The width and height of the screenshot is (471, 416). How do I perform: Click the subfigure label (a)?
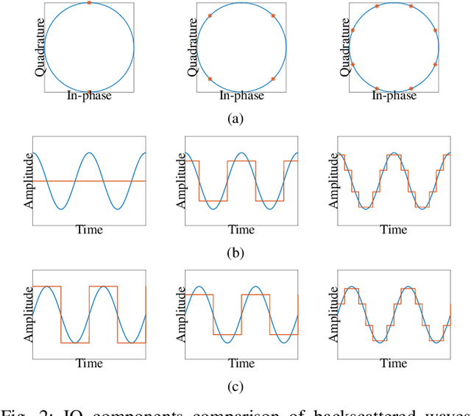click(235, 119)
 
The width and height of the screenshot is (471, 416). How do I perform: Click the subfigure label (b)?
click(235, 253)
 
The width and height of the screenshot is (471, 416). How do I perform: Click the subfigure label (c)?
click(235, 387)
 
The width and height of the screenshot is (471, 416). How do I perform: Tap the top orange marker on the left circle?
click(89, 3)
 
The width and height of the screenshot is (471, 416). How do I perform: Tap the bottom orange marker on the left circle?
click(89, 92)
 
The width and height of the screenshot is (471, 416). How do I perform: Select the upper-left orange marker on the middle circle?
click(210, 15)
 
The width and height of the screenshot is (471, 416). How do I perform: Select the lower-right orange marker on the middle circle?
click(273, 79)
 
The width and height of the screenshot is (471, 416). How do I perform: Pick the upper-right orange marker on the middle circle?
click(273, 15)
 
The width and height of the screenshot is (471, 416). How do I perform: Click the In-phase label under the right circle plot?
click(394, 96)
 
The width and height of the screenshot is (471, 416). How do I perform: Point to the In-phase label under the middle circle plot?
click(241, 96)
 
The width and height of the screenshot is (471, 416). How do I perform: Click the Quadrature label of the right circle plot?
click(344, 48)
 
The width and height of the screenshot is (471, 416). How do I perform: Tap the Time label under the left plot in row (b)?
click(89, 230)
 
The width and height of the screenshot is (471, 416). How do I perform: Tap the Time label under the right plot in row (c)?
click(394, 364)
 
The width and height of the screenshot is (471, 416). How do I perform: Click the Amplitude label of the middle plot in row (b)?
click(181, 181)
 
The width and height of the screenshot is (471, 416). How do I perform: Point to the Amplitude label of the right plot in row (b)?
click(334, 181)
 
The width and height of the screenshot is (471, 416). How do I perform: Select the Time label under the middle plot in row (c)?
click(241, 364)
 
